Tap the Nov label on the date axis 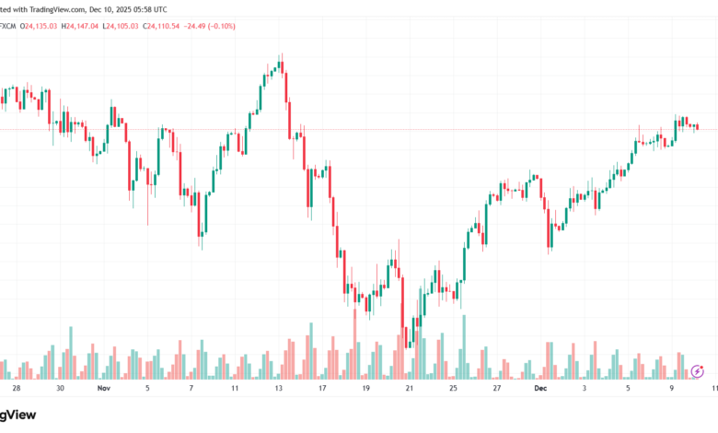pyautogui.click(x=103, y=389)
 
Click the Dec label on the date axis pyautogui.click(x=540, y=389)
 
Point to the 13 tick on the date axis pyautogui.click(x=278, y=389)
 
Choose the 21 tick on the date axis pyautogui.click(x=410, y=389)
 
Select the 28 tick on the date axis pyautogui.click(x=16, y=389)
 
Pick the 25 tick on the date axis pyautogui.click(x=454, y=389)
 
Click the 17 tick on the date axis pyautogui.click(x=322, y=389)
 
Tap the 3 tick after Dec pyautogui.click(x=584, y=389)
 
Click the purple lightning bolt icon pyautogui.click(x=698, y=370)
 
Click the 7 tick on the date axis pyautogui.click(x=191, y=389)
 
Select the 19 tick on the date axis pyautogui.click(x=365, y=389)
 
